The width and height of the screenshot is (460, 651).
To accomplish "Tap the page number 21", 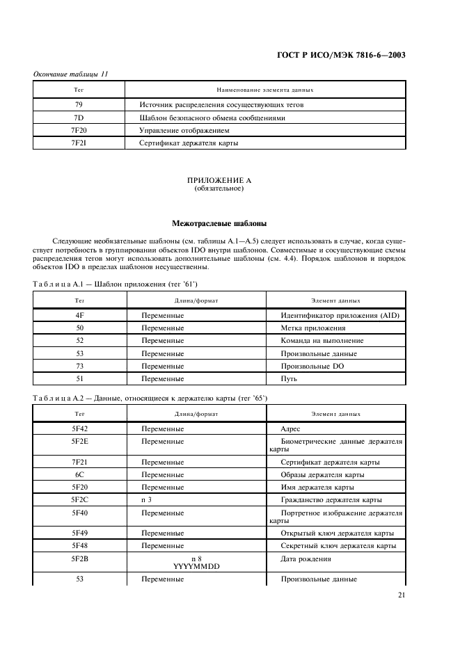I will click(x=402, y=595).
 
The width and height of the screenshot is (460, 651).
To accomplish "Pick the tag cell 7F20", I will click(x=79, y=130).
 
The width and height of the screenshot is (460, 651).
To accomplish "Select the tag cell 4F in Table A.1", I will click(x=79, y=315).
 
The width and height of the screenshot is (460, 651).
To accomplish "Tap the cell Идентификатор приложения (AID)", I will click(x=340, y=315).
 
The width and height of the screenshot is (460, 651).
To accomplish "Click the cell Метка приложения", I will click(x=312, y=328).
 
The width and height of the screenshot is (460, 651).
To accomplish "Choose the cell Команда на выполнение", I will click(x=322, y=341).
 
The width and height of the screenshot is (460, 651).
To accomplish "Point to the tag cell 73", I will click(x=79, y=366).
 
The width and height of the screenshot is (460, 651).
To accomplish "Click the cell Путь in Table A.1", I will click(x=289, y=378).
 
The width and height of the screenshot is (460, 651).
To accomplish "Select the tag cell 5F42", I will click(x=79, y=429).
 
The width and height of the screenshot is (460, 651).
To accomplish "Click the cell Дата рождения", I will click(x=306, y=558).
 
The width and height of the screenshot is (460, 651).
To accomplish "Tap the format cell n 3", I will click(x=148, y=499).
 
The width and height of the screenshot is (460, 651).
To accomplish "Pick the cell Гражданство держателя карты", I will click(x=331, y=499).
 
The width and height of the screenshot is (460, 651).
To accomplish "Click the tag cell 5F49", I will click(x=79, y=533).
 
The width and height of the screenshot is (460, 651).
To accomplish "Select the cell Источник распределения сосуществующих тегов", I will click(x=221, y=105).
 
